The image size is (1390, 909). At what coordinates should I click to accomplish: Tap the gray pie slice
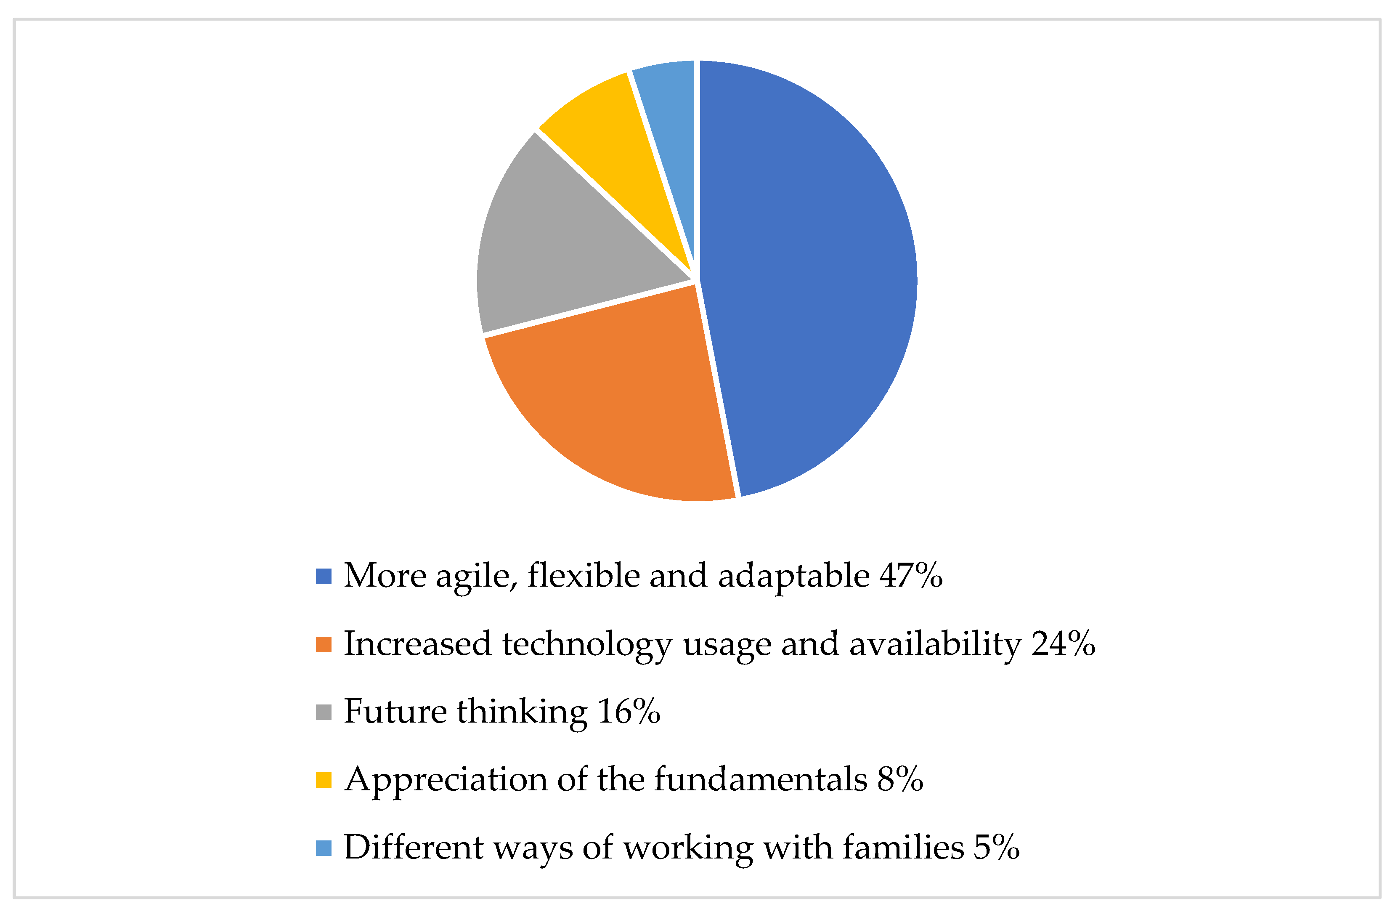[x=561, y=245]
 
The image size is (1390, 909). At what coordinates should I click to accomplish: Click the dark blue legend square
[x=324, y=576]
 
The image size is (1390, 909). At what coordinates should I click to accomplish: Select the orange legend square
[x=324, y=644]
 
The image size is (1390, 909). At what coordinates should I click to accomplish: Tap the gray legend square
[x=324, y=712]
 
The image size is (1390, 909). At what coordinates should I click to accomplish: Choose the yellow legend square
[x=324, y=780]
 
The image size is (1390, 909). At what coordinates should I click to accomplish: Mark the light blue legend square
[x=324, y=848]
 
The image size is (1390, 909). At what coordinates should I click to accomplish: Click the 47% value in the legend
[x=911, y=576]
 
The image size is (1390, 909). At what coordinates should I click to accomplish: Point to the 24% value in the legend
[x=1063, y=644]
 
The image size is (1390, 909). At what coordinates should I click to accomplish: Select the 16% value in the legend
[x=629, y=712]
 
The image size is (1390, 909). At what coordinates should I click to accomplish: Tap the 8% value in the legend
[x=900, y=780]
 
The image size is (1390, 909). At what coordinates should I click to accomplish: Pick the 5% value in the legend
[x=996, y=848]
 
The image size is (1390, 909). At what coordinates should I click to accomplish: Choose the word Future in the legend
[x=395, y=712]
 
